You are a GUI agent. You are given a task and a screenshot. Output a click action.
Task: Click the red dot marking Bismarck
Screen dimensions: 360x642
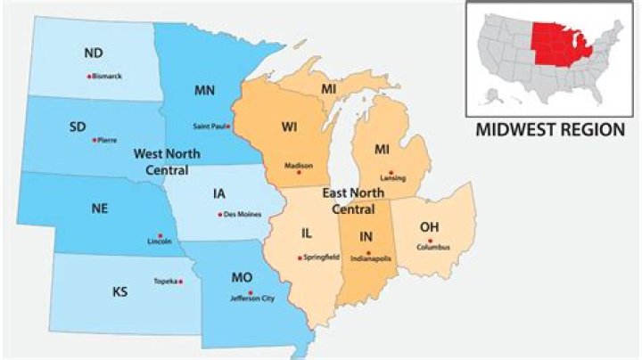tap(89, 77)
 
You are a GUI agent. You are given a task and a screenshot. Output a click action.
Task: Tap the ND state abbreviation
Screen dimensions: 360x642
tap(93, 53)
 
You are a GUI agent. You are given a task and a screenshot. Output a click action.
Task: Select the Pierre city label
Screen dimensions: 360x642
tap(106, 141)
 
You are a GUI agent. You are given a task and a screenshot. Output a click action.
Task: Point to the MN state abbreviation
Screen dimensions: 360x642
tap(204, 90)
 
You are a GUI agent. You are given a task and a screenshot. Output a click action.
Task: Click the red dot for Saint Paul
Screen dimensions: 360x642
tap(229, 126)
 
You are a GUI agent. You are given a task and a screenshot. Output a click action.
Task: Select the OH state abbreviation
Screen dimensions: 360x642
tap(429, 225)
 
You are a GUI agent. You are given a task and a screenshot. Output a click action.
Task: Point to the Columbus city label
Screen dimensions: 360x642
tap(432, 248)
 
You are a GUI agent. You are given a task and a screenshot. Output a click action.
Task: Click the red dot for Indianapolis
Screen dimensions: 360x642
tap(368, 252)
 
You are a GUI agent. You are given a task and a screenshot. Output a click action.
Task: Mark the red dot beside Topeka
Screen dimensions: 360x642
tap(181, 282)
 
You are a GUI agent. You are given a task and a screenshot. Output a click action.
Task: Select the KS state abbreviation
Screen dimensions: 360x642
tap(119, 291)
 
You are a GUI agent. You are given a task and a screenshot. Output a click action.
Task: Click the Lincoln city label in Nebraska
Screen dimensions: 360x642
tap(160, 241)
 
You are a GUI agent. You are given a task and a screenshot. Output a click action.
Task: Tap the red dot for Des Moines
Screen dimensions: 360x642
tap(219, 214)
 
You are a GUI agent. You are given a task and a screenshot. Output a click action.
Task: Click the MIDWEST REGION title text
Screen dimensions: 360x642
tap(550, 129)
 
